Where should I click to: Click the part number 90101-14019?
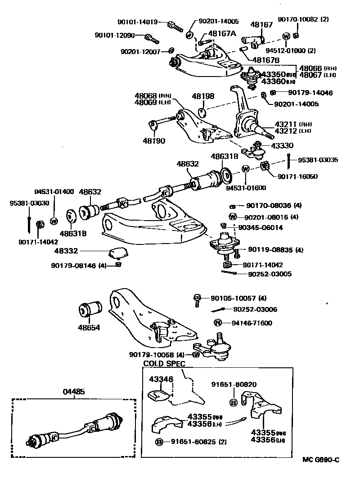(x=137, y=21)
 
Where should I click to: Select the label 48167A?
(x=221, y=34)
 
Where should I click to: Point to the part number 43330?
(x=282, y=145)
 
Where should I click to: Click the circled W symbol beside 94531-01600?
(x=246, y=169)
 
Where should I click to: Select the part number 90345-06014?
(x=261, y=228)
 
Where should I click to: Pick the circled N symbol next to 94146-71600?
(x=217, y=322)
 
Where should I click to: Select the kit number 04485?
(x=74, y=392)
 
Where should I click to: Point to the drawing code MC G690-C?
(x=321, y=460)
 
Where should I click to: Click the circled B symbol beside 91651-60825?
(x=159, y=442)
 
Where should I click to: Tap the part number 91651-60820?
(x=234, y=384)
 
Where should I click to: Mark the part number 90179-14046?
(x=310, y=93)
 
